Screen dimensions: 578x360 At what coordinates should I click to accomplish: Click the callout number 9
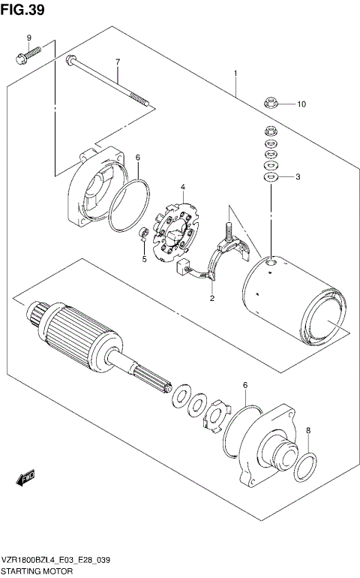29,38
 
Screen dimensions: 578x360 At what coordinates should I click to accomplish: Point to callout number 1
235,74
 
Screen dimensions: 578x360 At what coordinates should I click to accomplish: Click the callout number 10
301,104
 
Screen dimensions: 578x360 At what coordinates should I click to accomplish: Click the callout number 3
298,177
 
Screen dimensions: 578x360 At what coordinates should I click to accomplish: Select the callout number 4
181,186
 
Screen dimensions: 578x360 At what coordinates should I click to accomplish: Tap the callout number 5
144,260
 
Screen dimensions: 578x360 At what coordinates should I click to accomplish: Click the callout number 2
212,298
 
